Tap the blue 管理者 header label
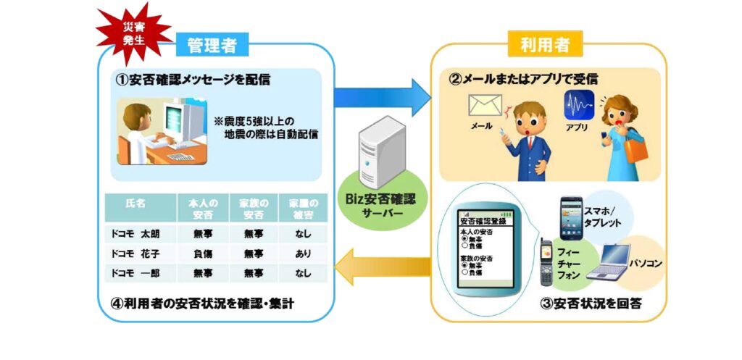212,45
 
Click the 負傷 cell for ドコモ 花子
203,254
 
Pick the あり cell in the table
303,254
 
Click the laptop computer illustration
607,263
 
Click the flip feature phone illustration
546,264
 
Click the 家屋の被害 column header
303,206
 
